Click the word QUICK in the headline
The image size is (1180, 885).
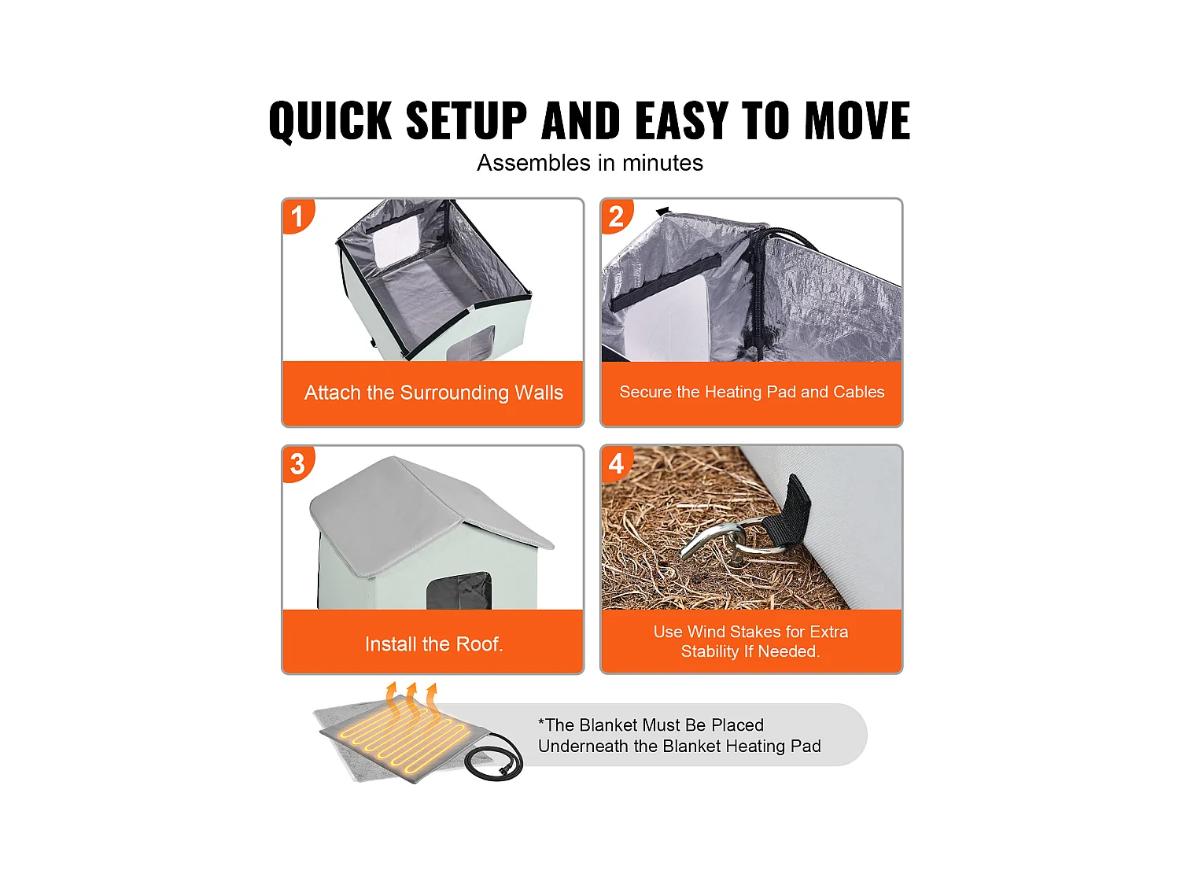click(x=330, y=121)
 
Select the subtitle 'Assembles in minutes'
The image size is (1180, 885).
click(x=590, y=163)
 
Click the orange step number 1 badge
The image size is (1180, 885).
click(x=297, y=216)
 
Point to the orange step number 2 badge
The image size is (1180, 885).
click(x=617, y=216)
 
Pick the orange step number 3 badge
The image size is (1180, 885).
click(x=297, y=463)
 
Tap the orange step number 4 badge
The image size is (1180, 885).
click(x=617, y=463)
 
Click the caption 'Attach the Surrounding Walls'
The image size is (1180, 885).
click(x=433, y=393)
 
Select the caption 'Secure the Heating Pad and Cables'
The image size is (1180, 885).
click(x=751, y=392)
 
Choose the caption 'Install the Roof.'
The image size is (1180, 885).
click(x=433, y=643)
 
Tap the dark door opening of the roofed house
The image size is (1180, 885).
click(x=459, y=591)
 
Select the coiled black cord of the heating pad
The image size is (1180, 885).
click(x=493, y=756)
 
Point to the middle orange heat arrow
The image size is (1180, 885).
click(x=411, y=699)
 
